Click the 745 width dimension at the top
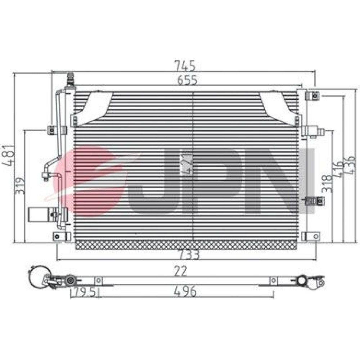185,66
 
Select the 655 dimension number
187,80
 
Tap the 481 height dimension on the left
9,156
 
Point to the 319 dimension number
19,185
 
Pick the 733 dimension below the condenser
189,255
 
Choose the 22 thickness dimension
180,271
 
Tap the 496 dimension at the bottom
185,291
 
